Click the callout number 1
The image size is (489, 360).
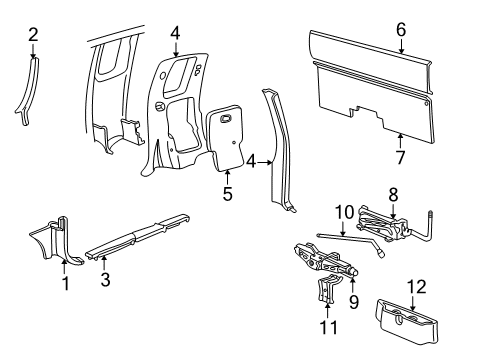(66, 284)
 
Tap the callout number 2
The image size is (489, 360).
(33, 35)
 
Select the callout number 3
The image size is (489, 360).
(105, 279)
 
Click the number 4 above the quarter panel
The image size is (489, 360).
(175, 34)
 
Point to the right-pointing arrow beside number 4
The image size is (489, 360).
(266, 162)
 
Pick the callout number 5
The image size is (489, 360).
(227, 194)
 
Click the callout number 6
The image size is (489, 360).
(401, 29)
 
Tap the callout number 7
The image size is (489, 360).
(400, 157)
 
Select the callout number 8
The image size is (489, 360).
(393, 195)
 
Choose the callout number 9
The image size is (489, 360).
(354, 302)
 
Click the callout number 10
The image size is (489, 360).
(344, 212)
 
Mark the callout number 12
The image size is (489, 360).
(417, 287)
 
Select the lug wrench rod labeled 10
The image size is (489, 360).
(350, 243)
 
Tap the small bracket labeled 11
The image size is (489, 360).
(327, 290)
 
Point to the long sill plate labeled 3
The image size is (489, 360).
(138, 236)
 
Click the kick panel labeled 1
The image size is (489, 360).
(57, 238)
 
